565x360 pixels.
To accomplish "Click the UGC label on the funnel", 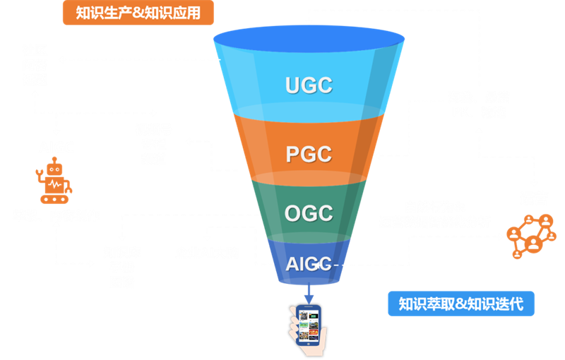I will (x=309, y=85).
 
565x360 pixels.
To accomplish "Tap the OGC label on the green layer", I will (x=309, y=213).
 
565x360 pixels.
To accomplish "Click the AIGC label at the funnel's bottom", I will (x=309, y=264).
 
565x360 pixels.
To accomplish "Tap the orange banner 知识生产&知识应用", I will (x=138, y=12).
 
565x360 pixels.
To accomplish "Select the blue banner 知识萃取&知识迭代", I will (x=460, y=304).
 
